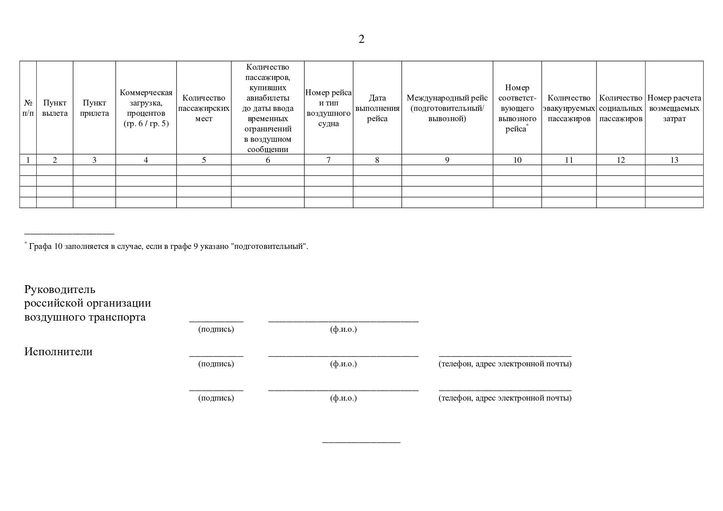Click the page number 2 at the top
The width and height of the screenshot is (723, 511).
point(361,39)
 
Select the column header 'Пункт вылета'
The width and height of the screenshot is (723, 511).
point(55,108)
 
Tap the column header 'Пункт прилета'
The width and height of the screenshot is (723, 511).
point(94,108)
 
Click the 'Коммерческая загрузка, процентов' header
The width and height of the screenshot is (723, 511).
point(146,108)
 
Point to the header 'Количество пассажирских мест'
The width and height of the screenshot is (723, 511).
point(204,108)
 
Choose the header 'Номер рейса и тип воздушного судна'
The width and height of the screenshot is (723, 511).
point(329,108)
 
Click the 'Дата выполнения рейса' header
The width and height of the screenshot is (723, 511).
point(377,108)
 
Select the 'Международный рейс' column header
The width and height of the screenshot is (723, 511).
point(447,108)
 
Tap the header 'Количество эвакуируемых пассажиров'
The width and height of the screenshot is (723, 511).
point(569,108)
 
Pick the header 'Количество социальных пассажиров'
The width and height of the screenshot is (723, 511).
point(621,108)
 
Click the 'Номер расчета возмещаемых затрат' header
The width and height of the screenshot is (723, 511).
point(674,108)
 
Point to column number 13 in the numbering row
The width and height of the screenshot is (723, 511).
point(674,160)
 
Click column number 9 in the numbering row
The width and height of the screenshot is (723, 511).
point(447,160)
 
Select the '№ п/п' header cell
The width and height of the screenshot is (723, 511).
point(28,108)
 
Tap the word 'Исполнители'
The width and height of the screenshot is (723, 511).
point(58,352)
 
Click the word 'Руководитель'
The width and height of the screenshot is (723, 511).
point(60,289)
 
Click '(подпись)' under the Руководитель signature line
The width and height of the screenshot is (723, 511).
point(216,329)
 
